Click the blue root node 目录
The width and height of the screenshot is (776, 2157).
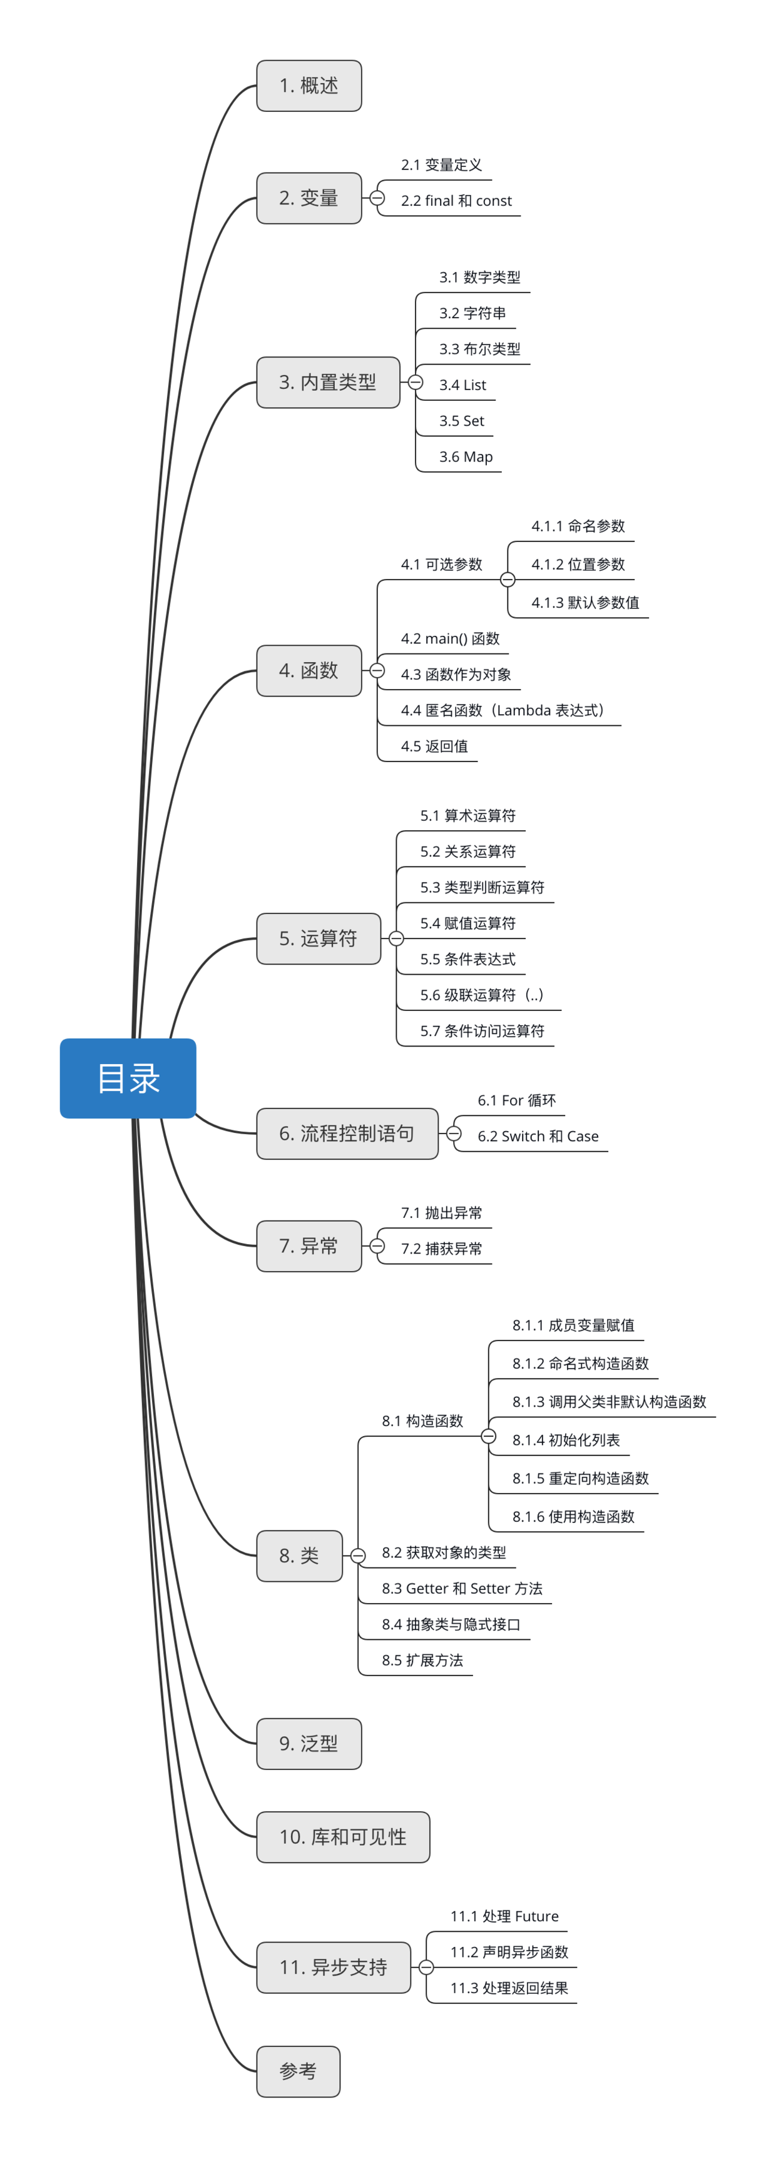(128, 1078)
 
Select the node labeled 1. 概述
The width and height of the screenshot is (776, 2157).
(309, 86)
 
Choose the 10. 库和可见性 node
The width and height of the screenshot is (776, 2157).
(343, 1836)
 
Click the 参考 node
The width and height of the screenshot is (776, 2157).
(297, 2071)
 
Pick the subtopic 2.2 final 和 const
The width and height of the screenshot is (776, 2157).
(456, 201)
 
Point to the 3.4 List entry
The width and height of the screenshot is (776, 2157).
(462, 385)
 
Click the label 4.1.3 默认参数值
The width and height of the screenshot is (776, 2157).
(585, 603)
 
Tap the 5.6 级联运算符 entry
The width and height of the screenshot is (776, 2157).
(482, 995)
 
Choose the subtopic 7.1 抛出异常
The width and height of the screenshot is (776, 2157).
(442, 1212)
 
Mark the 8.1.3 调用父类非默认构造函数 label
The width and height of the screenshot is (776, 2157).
(610, 1402)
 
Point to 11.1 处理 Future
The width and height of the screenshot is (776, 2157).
(504, 1916)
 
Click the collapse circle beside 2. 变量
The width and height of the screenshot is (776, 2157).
(377, 198)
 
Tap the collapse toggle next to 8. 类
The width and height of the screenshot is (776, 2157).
(358, 1556)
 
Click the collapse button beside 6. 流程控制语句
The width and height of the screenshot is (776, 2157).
(453, 1134)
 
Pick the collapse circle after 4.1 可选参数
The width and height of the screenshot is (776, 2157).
(508, 580)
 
